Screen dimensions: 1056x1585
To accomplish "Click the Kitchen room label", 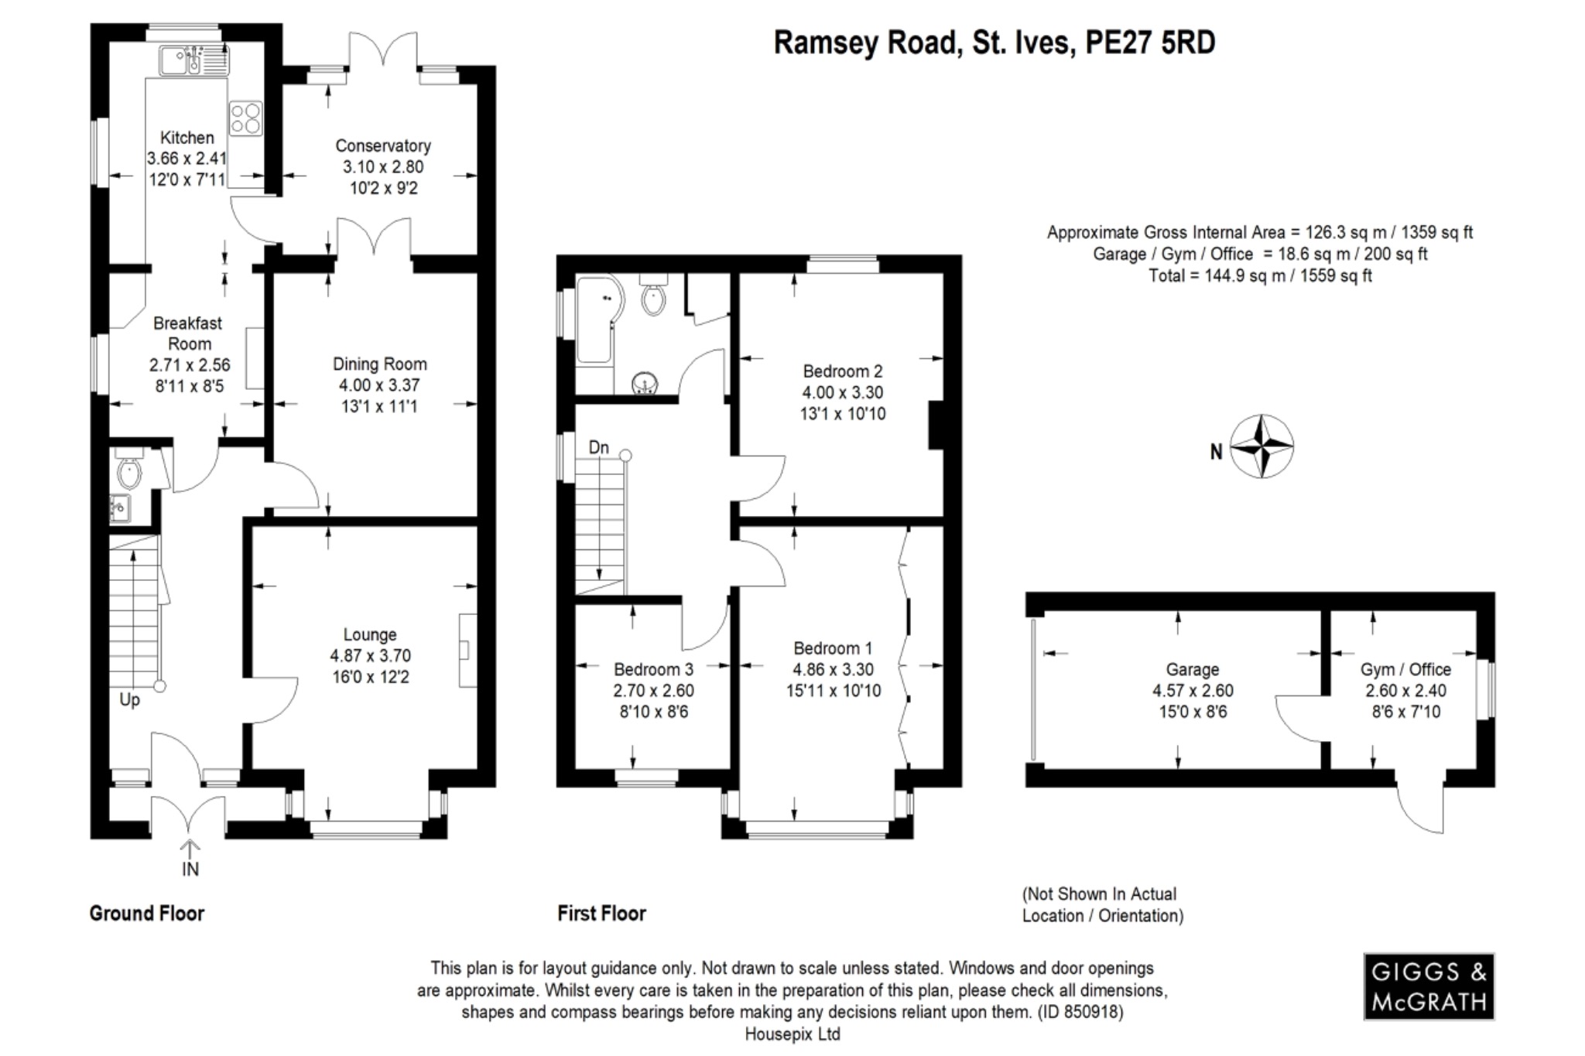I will pos(187,138).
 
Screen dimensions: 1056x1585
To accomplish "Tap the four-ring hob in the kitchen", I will pos(245,119).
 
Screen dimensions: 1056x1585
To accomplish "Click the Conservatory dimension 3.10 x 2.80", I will pos(382,167).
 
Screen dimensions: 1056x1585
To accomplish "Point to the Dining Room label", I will pos(379,364).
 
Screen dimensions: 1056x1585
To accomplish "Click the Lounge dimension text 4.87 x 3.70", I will pos(370,656).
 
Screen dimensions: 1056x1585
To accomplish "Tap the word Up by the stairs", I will pos(129,700).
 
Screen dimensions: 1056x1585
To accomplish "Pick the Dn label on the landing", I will pos(598,447).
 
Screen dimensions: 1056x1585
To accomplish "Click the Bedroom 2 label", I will pos(842,371).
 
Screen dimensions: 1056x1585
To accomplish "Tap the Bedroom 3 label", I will pos(653,669).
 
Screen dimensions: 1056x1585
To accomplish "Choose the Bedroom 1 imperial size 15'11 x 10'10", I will pos(833,691).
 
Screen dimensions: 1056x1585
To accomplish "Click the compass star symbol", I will pos(1261,446).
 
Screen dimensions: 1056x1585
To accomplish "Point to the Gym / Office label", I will pos(1405,669).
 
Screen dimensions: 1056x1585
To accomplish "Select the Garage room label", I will pos(1192,669).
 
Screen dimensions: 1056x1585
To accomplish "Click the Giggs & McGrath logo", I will pos(1428,986).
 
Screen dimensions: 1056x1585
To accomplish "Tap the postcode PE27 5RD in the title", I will pos(1150,43).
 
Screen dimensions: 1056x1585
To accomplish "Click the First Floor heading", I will pos(601,914).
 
